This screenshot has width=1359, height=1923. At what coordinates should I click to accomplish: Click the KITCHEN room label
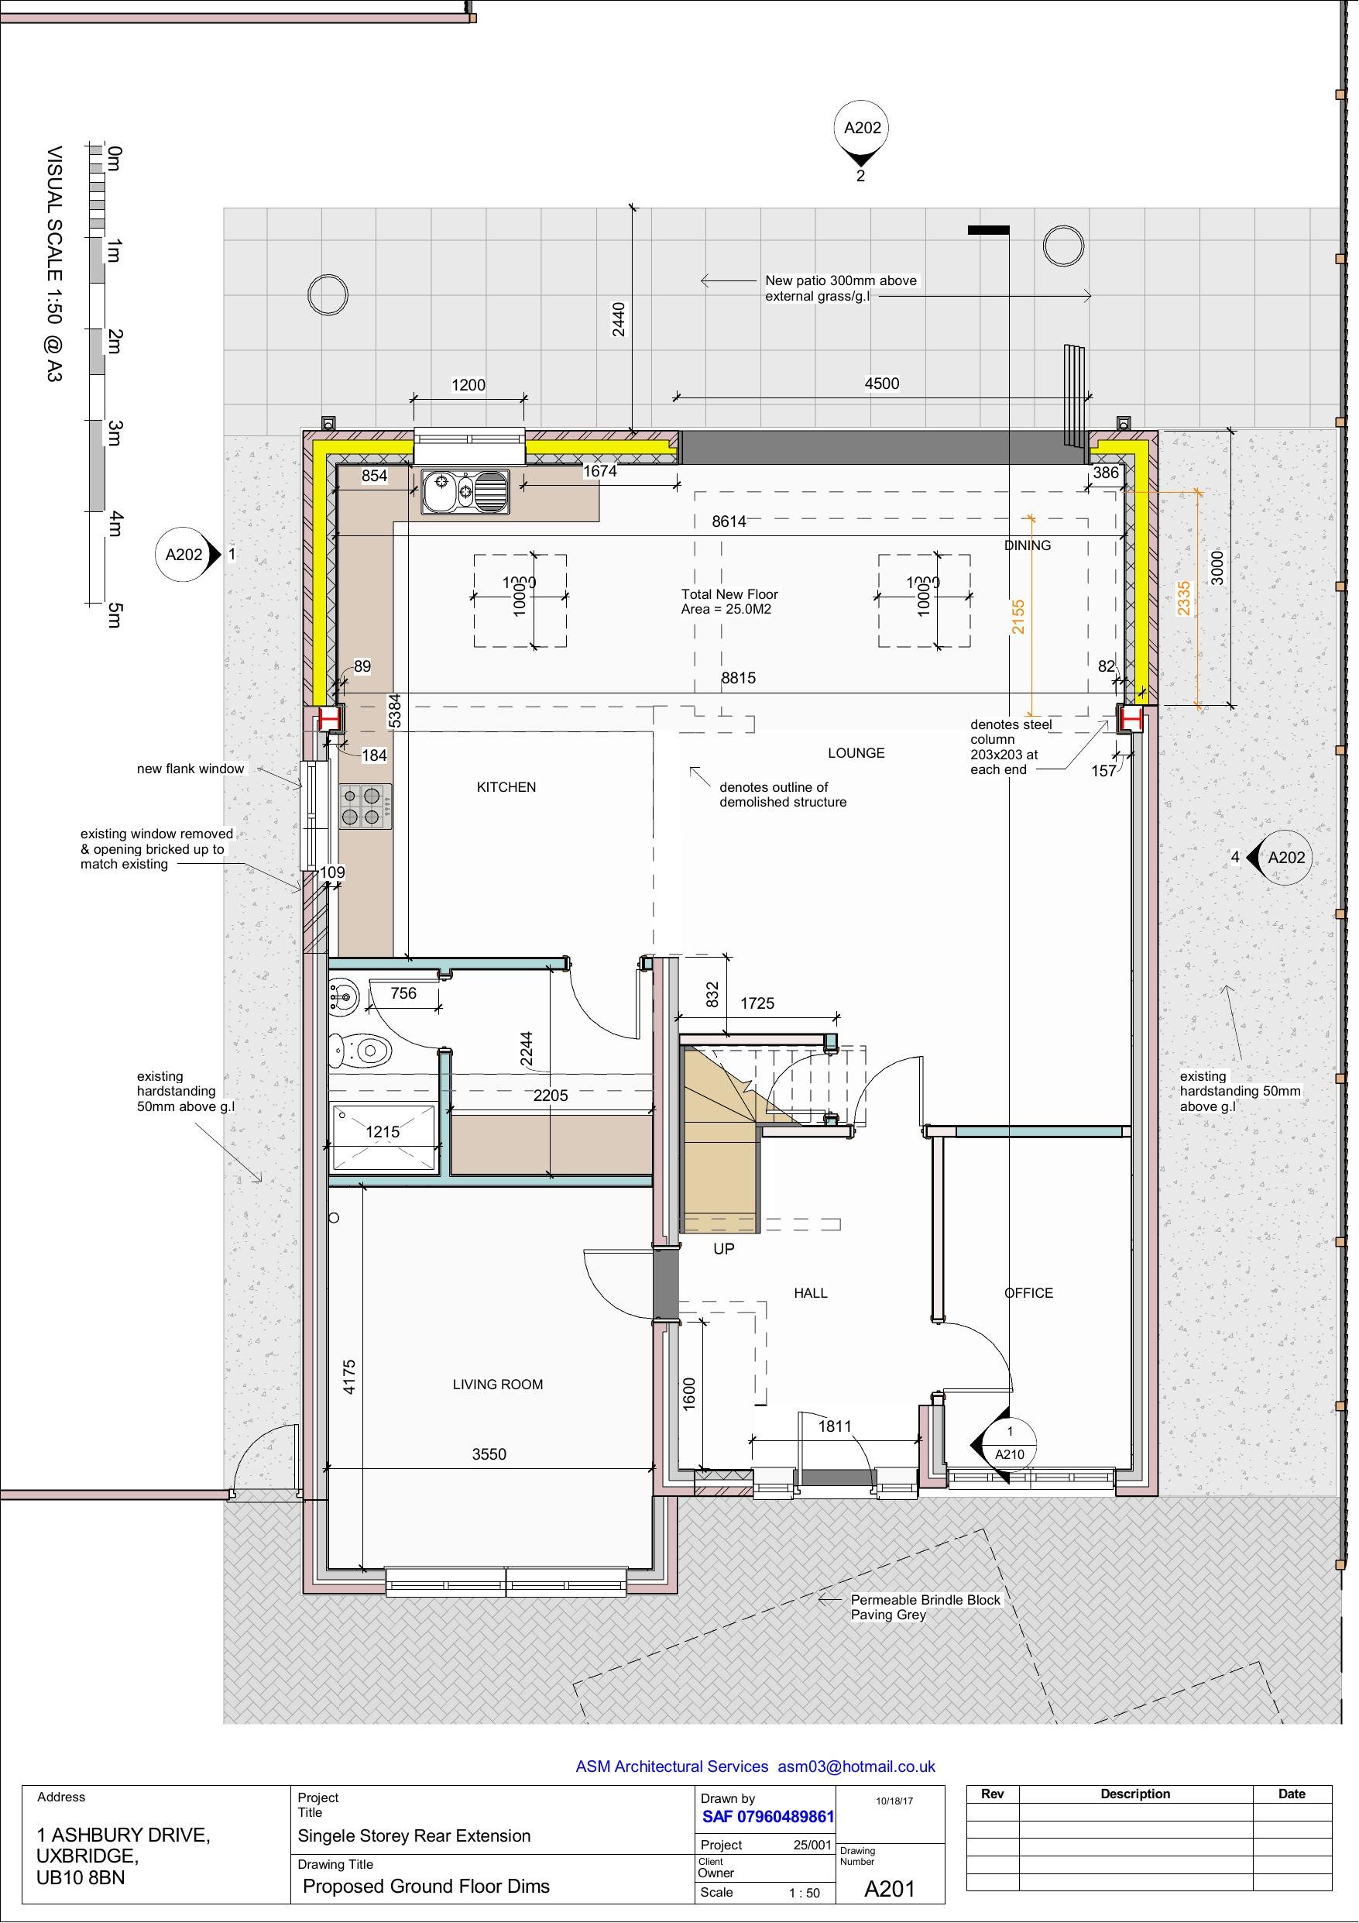(x=506, y=786)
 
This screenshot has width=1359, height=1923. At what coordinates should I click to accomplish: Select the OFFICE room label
(x=1028, y=1293)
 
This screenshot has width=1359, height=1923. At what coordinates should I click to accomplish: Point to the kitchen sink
(x=465, y=490)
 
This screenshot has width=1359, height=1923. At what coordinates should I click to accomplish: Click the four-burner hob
(x=365, y=806)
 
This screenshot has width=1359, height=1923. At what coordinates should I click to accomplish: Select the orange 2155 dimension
(x=1018, y=617)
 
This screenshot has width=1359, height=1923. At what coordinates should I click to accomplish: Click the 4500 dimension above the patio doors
(x=881, y=384)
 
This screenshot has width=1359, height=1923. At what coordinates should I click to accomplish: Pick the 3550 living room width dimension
(x=488, y=1455)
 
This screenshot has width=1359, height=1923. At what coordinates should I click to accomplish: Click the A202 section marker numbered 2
(x=862, y=129)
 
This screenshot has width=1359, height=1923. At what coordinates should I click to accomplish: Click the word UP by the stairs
(x=723, y=1249)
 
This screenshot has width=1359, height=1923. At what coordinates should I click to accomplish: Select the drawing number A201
(x=889, y=1889)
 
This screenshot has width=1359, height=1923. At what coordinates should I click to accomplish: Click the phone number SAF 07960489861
(x=768, y=1817)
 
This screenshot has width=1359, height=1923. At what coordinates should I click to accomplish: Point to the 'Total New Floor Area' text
(x=729, y=601)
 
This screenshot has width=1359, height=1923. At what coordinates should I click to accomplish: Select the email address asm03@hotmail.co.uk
(x=856, y=1766)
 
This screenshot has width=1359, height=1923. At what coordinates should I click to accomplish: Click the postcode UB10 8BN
(x=81, y=1877)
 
